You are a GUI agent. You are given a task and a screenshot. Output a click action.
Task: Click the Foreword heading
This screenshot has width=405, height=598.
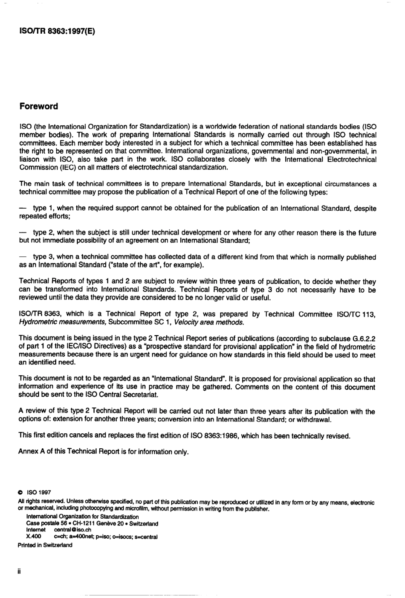pyautogui.click(x=39, y=107)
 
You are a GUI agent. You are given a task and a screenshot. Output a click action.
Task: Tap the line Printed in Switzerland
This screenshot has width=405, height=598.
pyautogui.click(x=45, y=545)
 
